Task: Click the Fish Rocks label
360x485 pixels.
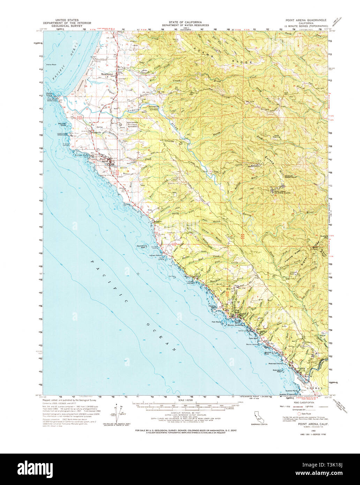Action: click(x=217, y=322)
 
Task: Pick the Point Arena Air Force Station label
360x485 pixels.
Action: click(x=282, y=192)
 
